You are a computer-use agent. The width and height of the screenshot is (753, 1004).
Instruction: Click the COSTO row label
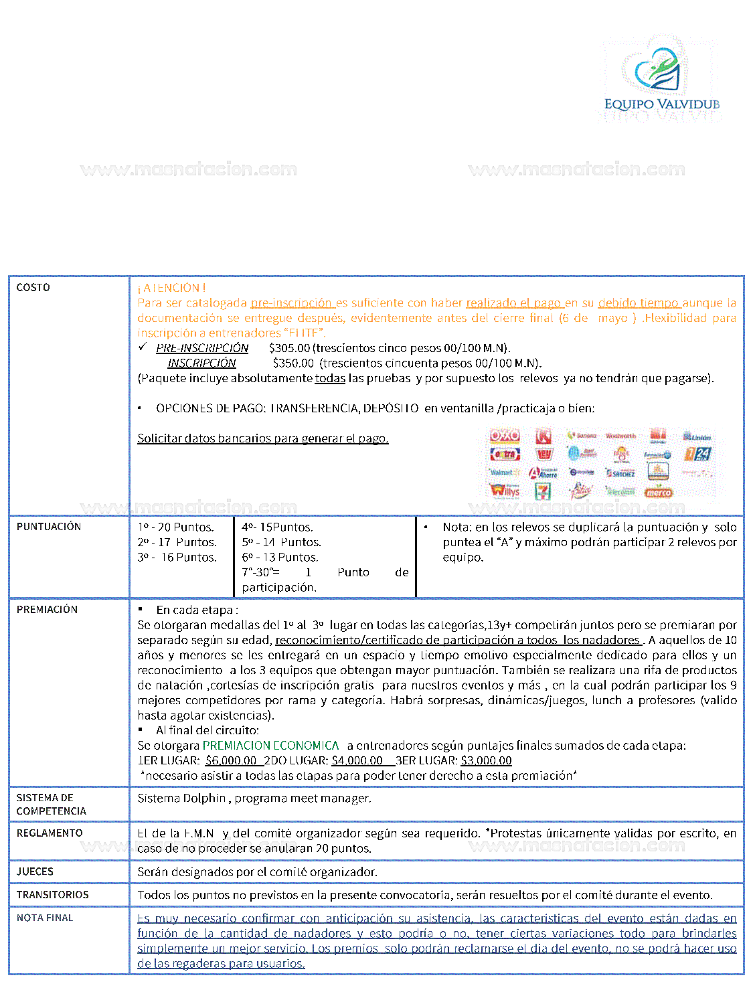click(33, 288)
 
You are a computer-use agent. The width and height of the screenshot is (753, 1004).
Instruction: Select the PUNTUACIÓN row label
click(49, 527)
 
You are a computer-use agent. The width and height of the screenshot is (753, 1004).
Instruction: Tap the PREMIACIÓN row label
click(47, 610)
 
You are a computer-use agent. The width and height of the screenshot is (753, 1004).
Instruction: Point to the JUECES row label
click(35, 871)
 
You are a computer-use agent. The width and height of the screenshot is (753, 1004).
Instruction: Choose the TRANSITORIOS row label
click(52, 895)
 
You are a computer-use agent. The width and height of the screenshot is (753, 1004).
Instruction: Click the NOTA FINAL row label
click(45, 918)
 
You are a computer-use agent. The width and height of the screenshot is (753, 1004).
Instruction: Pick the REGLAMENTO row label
click(50, 833)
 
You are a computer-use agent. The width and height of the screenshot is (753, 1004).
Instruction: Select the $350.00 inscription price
click(293, 363)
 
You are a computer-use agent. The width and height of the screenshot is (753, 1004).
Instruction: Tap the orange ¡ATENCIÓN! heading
click(171, 288)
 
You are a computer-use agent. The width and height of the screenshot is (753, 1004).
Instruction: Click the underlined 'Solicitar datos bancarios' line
click(262, 438)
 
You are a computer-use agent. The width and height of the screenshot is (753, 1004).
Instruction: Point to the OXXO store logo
click(505, 436)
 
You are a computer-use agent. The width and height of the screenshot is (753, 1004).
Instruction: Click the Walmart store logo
click(505, 473)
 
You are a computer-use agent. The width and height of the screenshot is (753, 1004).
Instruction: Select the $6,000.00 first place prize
click(231, 761)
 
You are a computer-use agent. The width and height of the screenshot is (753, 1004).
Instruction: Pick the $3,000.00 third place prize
click(486, 761)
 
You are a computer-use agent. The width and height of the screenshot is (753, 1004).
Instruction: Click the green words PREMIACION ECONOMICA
click(270, 746)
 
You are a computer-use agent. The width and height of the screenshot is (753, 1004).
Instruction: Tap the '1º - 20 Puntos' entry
click(175, 527)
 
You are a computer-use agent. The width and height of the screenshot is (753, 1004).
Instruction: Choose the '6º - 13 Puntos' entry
click(280, 558)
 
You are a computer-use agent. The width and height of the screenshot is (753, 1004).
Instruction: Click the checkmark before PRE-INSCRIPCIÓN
click(143, 347)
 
